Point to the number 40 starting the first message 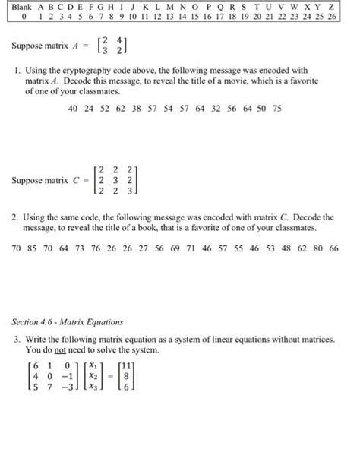(73, 109)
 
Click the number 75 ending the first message (277, 109)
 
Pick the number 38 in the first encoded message (135, 109)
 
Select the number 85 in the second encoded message (33, 248)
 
